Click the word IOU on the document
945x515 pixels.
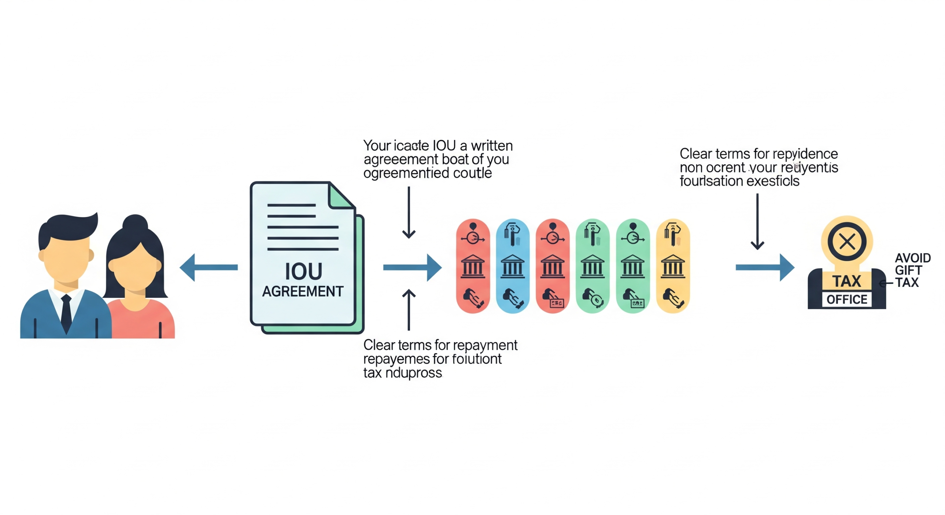click(303, 272)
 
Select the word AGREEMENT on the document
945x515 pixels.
click(303, 291)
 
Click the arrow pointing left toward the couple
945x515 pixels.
click(209, 267)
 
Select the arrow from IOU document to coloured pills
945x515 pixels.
click(412, 267)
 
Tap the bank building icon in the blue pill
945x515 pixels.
click(512, 266)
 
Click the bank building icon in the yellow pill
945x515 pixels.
click(673, 266)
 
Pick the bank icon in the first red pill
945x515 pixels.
click(472, 266)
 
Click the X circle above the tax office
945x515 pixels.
click(847, 242)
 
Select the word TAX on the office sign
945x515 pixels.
click(847, 281)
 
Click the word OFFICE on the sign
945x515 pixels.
click(847, 299)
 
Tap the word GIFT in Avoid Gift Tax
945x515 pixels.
click(908, 270)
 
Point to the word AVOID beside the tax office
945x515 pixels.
click(913, 258)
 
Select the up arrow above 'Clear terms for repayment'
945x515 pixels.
click(409, 310)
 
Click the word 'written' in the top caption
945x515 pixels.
click(492, 146)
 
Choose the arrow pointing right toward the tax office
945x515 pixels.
click(764, 267)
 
